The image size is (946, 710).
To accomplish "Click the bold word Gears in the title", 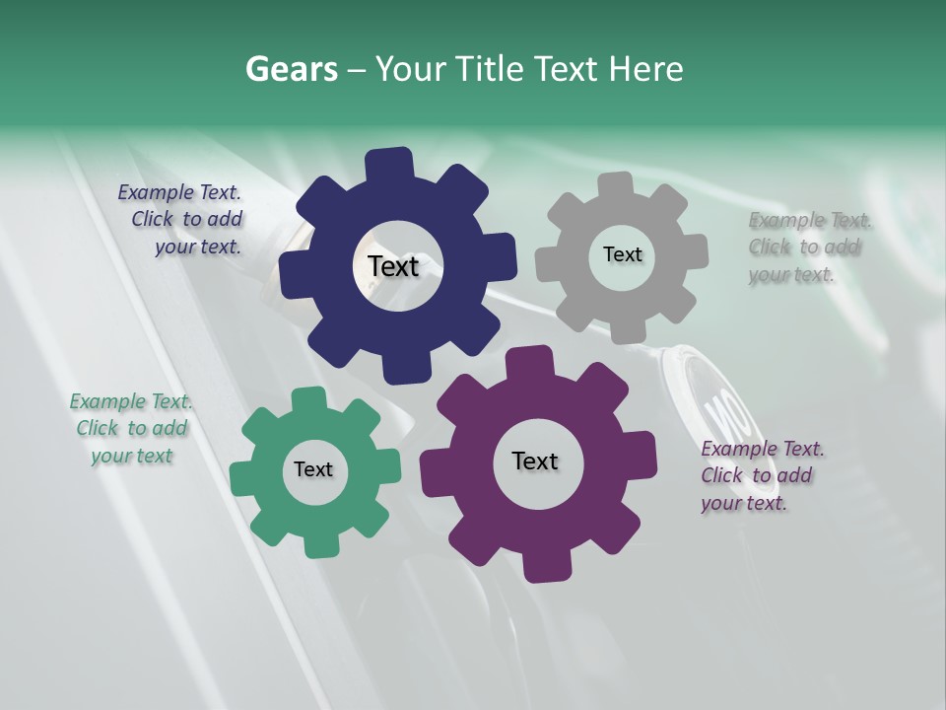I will (x=291, y=69).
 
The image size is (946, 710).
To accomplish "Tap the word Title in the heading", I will (x=489, y=69).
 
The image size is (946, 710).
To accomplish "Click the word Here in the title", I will (x=646, y=69).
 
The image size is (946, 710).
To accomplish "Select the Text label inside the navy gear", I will (x=393, y=266).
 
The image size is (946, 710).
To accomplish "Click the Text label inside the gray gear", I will (x=622, y=254).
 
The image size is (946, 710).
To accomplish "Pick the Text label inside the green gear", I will (x=313, y=469).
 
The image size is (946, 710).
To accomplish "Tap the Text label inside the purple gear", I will (x=535, y=461).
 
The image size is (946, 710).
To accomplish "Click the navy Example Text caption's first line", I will (x=179, y=192).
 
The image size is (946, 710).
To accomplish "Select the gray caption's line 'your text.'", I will (x=790, y=274).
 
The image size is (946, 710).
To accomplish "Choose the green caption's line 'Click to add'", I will (x=132, y=428).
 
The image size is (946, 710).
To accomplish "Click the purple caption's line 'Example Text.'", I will (x=763, y=449).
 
